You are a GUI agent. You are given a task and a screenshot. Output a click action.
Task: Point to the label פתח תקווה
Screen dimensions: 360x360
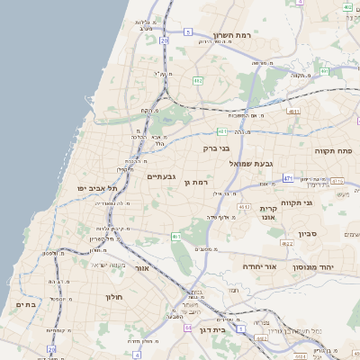pyautogui.click(x=333, y=150)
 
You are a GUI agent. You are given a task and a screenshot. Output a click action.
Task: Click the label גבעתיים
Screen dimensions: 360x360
pyautogui.click(x=162, y=176)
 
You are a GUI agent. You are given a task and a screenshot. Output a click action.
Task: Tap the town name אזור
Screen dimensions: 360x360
pyautogui.click(x=140, y=268)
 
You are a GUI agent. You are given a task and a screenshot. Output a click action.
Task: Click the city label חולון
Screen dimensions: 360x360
pyautogui.click(x=113, y=296)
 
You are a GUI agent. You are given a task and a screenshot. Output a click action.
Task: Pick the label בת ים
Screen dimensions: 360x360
pyautogui.click(x=25, y=305)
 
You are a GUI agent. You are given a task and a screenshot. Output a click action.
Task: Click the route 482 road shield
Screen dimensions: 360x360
pyautogui.click(x=197, y=81)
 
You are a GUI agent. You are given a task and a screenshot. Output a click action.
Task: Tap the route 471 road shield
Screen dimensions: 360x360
pyautogui.click(x=287, y=179)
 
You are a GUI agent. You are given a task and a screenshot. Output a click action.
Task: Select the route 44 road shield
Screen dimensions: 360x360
pyautogui.click(x=187, y=328)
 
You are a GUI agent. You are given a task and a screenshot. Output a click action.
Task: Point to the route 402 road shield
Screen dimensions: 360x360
pyautogui.click(x=347, y=6)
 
